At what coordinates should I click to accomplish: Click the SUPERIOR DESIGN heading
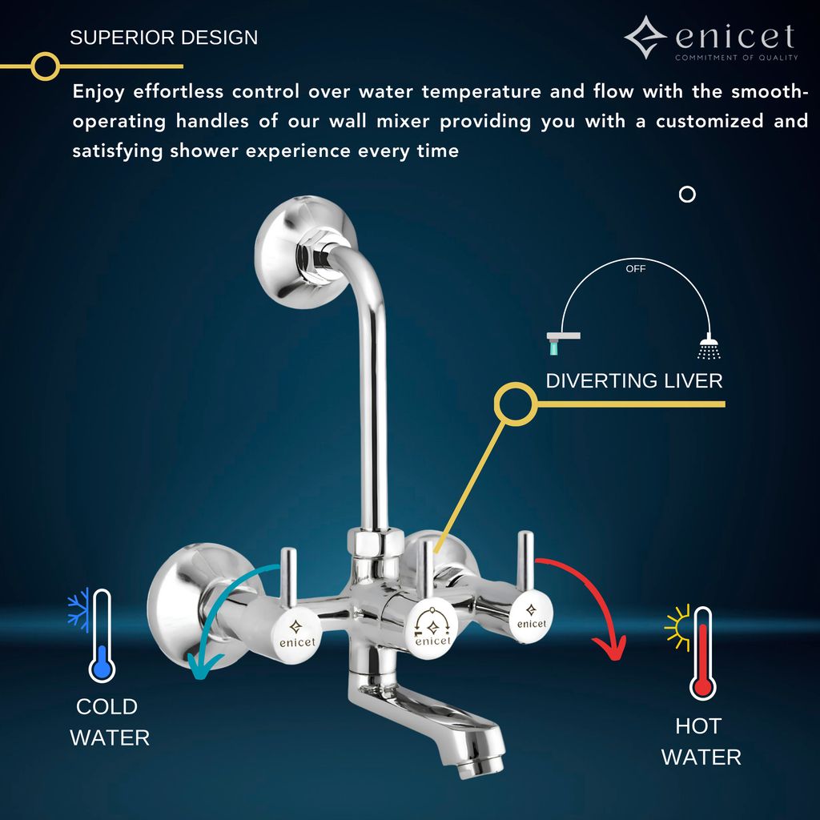click(x=163, y=38)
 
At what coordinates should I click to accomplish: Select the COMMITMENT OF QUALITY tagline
click(x=736, y=58)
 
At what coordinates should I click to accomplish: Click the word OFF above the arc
click(x=635, y=269)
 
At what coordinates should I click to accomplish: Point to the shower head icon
click(x=709, y=347)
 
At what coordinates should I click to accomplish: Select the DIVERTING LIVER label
click(x=633, y=381)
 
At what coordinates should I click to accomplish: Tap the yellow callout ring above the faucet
click(x=516, y=404)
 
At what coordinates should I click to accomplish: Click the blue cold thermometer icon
click(x=102, y=637)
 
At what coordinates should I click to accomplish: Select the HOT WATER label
click(x=701, y=742)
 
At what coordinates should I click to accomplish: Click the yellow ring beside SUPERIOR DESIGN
click(x=46, y=66)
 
